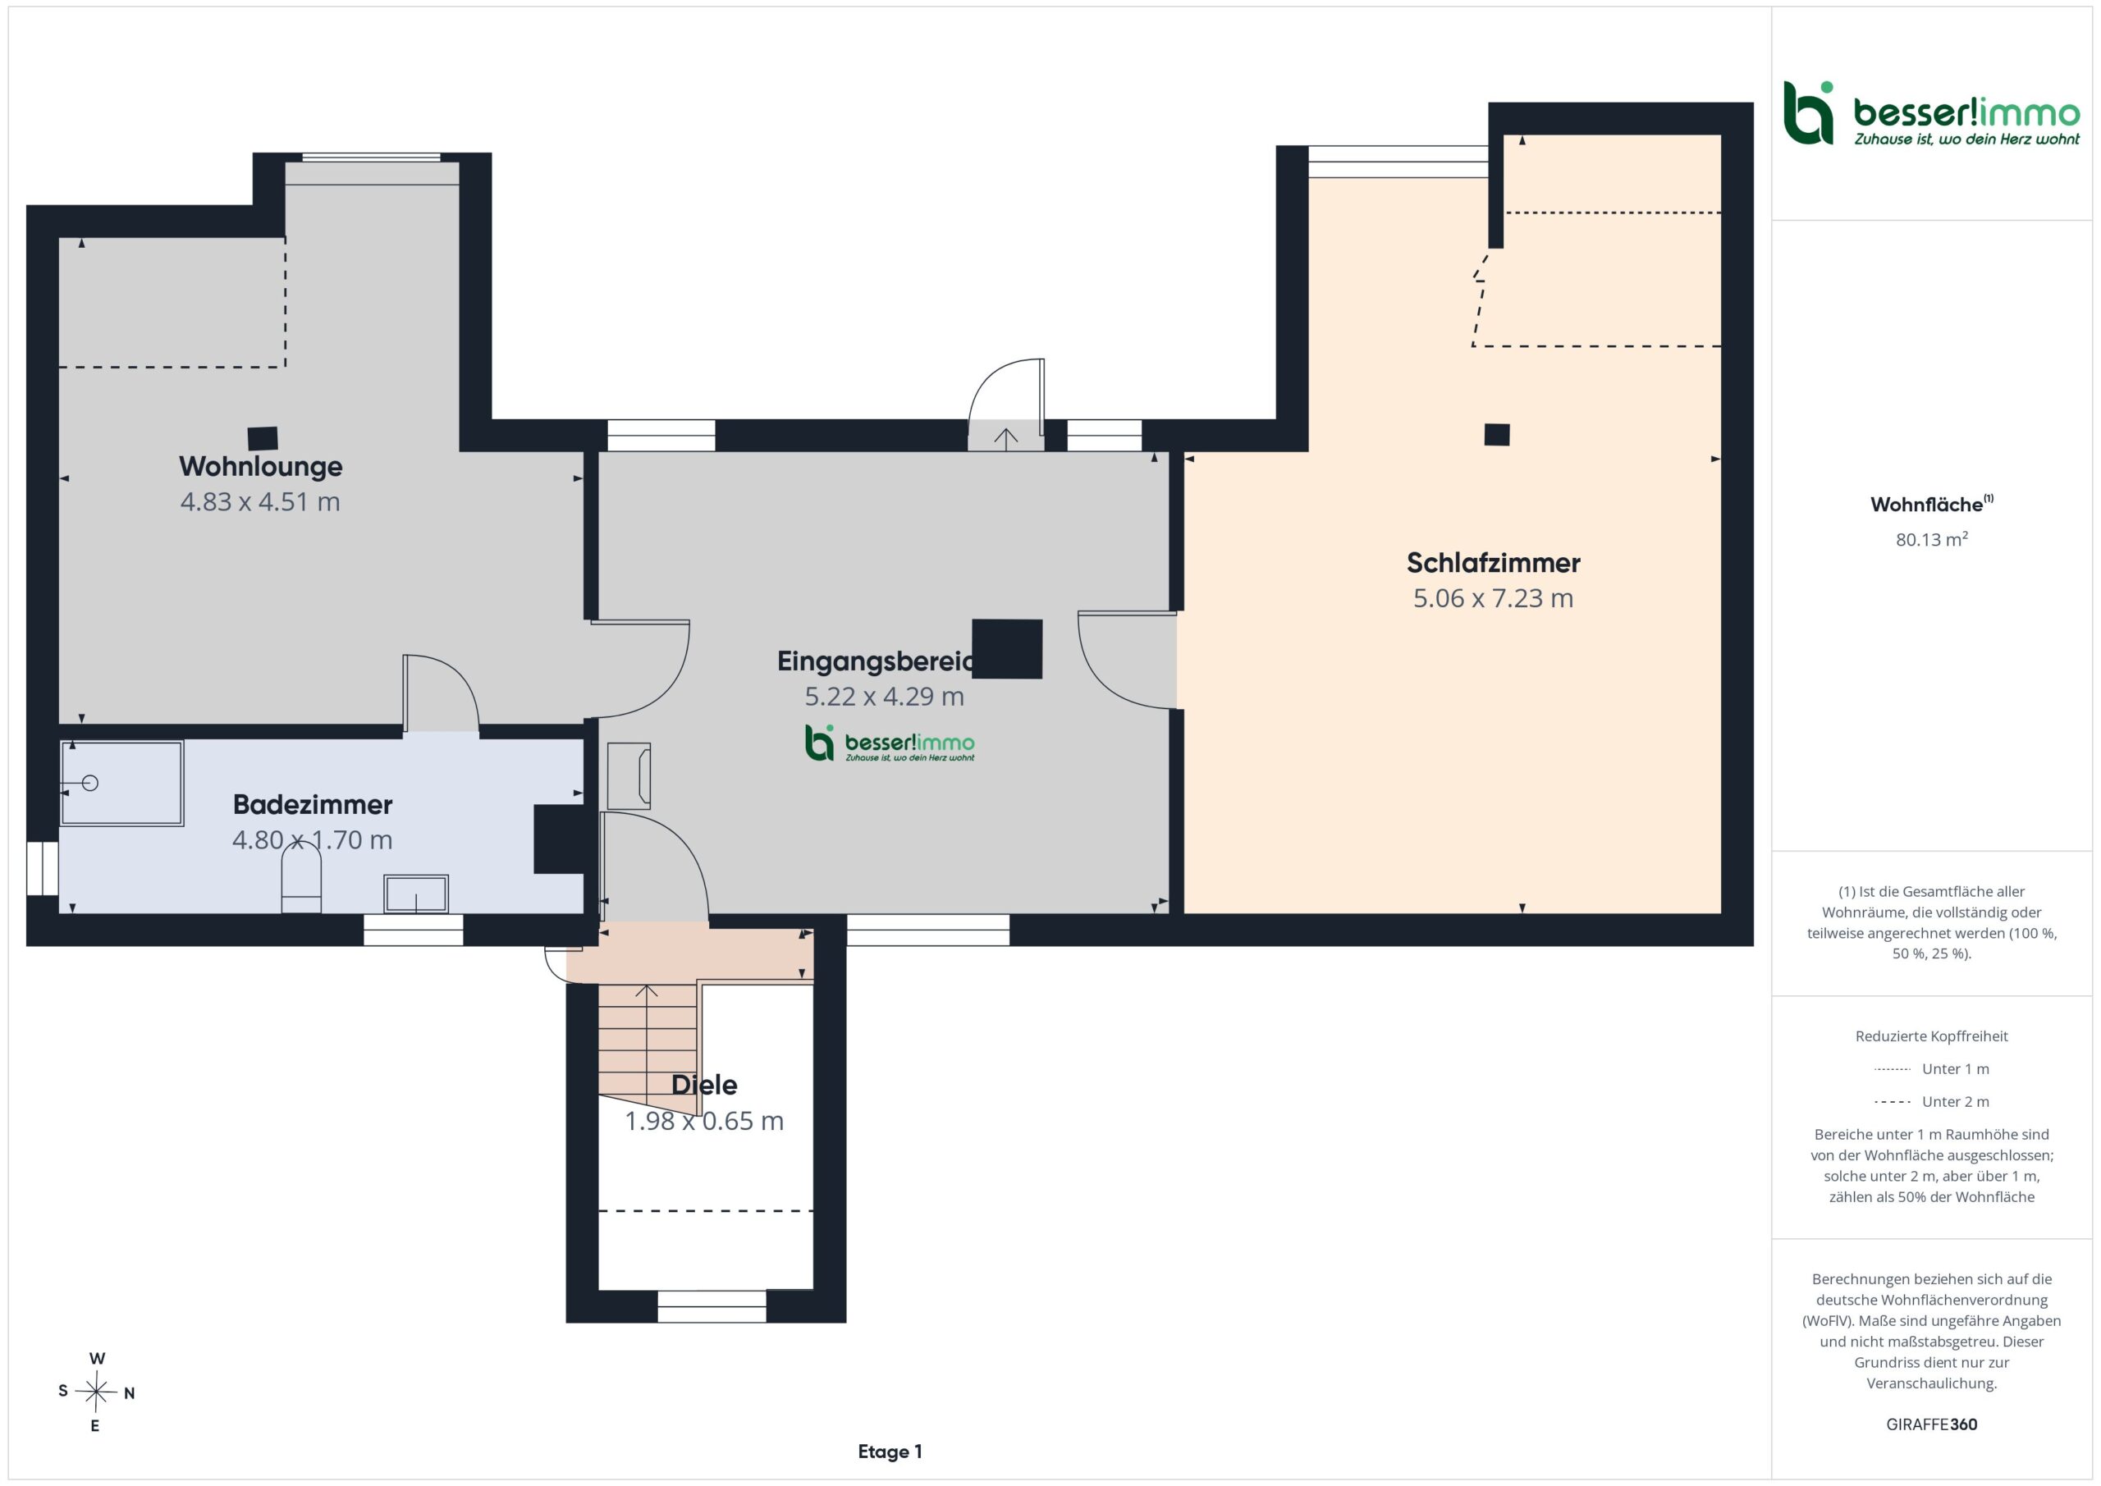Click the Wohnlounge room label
[x=261, y=467]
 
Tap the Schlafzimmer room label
[x=1494, y=563]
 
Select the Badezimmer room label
[x=312, y=804]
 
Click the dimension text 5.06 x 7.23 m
[x=1494, y=598]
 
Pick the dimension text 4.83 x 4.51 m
[x=260, y=501]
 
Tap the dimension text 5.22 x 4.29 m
[x=884, y=697]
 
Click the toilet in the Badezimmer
[x=301, y=877]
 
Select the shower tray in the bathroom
[x=121, y=784]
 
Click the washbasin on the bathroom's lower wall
[x=416, y=894]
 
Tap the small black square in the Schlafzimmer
[x=1497, y=435]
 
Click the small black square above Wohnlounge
[x=263, y=439]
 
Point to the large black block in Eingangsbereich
[x=1006, y=649]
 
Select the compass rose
[x=96, y=1392]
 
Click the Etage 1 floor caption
[x=890, y=1452]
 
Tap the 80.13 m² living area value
[x=1931, y=539]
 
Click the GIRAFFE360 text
[x=1932, y=1424]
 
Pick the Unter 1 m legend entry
[x=1931, y=1068]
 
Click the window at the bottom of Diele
[x=711, y=1305]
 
